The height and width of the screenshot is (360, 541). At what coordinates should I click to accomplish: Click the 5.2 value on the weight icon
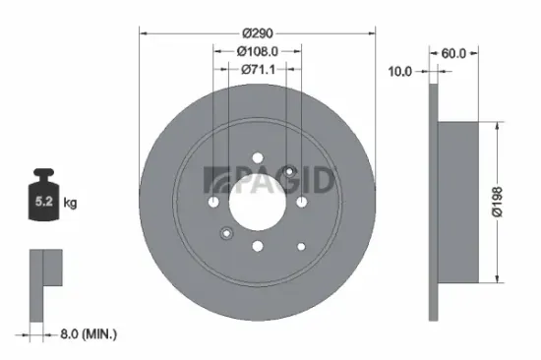tap(45, 203)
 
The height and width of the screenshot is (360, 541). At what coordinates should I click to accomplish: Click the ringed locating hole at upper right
tap(289, 173)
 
